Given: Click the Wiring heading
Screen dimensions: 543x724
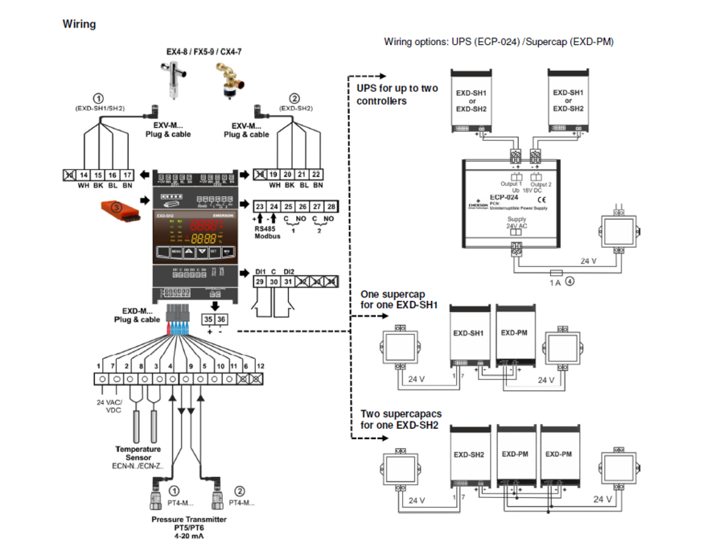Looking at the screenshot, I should pyautogui.click(x=79, y=24).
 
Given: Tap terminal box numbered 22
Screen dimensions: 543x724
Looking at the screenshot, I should pyautogui.click(x=316, y=175).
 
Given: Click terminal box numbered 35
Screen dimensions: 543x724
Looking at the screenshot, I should pyautogui.click(x=208, y=319).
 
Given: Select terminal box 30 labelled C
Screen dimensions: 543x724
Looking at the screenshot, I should pyautogui.click(x=274, y=282).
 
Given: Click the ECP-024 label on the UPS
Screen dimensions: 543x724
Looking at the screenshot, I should pyautogui.click(x=503, y=195).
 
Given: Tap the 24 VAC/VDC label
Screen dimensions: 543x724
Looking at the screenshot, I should pyautogui.click(x=108, y=405).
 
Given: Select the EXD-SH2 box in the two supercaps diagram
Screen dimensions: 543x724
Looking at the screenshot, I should pyautogui.click(x=470, y=455).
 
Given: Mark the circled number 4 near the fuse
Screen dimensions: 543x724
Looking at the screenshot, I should pyautogui.click(x=569, y=282).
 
